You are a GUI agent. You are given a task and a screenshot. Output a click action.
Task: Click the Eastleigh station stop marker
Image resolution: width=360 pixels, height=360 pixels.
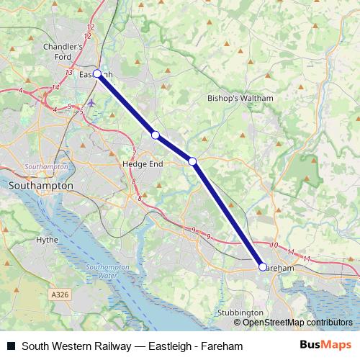click(x=97, y=73)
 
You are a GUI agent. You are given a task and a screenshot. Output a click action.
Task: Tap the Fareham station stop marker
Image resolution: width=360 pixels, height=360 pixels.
click(x=262, y=267)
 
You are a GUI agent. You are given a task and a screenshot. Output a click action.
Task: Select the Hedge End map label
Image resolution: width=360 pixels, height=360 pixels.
click(x=143, y=163)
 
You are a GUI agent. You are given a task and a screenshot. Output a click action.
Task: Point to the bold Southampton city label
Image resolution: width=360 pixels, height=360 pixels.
click(x=40, y=186)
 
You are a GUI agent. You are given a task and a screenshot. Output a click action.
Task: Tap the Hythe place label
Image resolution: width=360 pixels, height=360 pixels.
click(x=47, y=239)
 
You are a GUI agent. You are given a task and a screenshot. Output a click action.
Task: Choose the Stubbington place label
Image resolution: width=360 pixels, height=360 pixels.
click(x=240, y=313)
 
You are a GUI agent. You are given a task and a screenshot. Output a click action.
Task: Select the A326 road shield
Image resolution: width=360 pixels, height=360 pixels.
click(x=61, y=294)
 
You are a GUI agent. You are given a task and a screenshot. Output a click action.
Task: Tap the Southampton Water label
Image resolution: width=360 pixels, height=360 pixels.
click(x=107, y=271)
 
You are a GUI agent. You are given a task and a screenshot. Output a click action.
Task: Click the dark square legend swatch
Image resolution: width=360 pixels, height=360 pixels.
click(x=11, y=346)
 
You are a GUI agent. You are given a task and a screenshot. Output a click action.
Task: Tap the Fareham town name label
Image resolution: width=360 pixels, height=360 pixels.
click(x=279, y=267)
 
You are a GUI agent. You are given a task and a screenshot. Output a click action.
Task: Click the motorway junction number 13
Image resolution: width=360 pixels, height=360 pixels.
click(x=68, y=73)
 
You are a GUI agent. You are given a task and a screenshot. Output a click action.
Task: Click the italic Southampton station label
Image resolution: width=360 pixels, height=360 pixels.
click(x=45, y=166)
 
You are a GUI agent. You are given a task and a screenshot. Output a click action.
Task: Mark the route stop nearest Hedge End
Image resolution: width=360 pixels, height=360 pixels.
click(x=155, y=135)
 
